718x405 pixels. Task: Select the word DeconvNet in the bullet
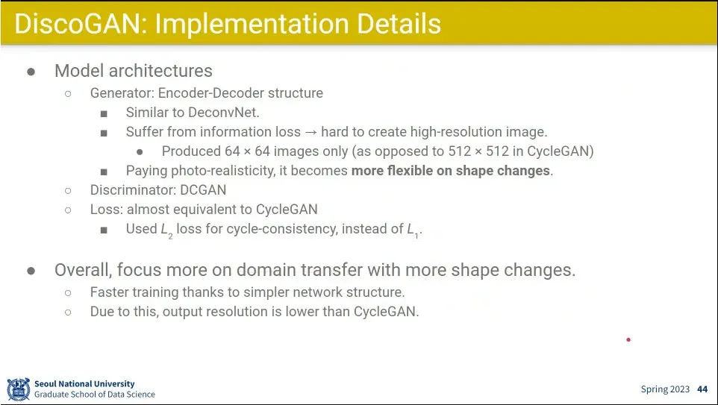click(223, 112)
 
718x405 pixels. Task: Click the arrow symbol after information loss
click(311, 132)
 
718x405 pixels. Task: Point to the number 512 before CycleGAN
click(497, 151)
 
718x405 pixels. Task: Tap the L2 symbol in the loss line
click(166, 230)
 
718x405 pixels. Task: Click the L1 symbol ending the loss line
click(413, 230)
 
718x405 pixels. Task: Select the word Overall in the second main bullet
click(83, 270)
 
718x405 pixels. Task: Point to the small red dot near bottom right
click(628, 339)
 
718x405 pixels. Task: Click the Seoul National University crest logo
click(19, 389)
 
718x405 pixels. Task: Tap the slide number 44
click(702, 389)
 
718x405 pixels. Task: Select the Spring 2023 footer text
click(665, 389)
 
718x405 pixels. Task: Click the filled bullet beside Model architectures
click(31, 72)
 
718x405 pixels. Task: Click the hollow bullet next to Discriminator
click(68, 190)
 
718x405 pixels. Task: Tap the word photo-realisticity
click(222, 171)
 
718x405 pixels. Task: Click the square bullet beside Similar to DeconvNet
click(104, 113)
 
